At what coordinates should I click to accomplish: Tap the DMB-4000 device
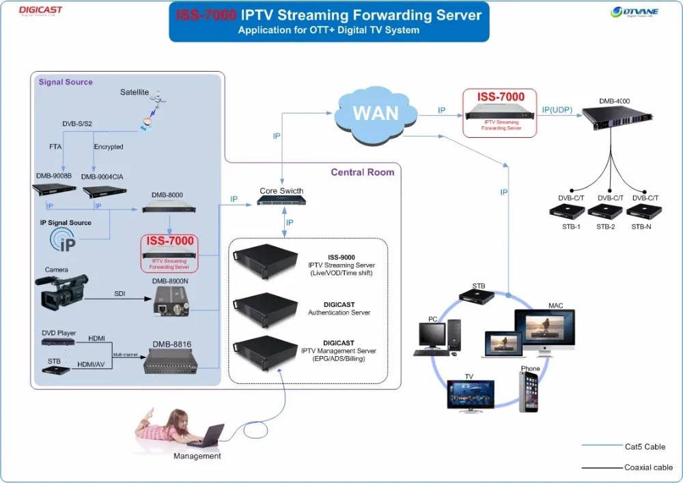click(614, 120)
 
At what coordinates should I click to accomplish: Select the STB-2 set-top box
click(604, 211)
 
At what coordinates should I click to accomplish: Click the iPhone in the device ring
click(529, 392)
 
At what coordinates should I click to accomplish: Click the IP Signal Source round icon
click(64, 242)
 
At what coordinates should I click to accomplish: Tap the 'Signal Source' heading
click(66, 82)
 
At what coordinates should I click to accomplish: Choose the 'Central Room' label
click(363, 172)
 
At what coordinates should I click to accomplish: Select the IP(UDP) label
click(557, 110)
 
